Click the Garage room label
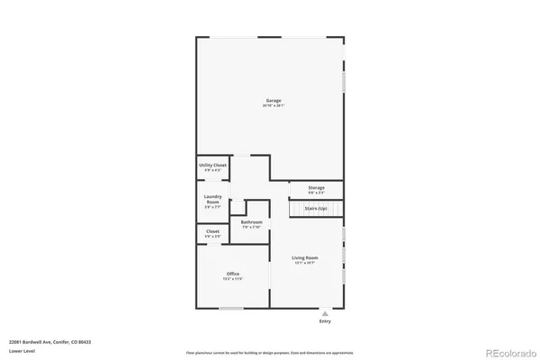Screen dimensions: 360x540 273,100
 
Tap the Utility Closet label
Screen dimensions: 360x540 213,166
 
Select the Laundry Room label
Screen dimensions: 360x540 213,198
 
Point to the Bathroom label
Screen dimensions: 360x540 251,221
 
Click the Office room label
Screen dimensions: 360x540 232,274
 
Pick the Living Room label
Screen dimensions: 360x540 305,258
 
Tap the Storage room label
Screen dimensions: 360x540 316,187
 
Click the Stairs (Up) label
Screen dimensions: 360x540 317,208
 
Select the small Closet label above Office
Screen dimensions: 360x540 212,231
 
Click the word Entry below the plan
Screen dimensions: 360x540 325,321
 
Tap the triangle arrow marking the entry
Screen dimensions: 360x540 325,314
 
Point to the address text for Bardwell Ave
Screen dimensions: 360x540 49,342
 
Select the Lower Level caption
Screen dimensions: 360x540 22,350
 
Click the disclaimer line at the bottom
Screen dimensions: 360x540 269,353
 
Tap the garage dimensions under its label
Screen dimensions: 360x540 273,106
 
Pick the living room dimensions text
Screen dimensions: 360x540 305,264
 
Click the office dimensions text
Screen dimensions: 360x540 232,279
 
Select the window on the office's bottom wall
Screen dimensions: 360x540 231,309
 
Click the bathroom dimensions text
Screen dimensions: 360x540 251,227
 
